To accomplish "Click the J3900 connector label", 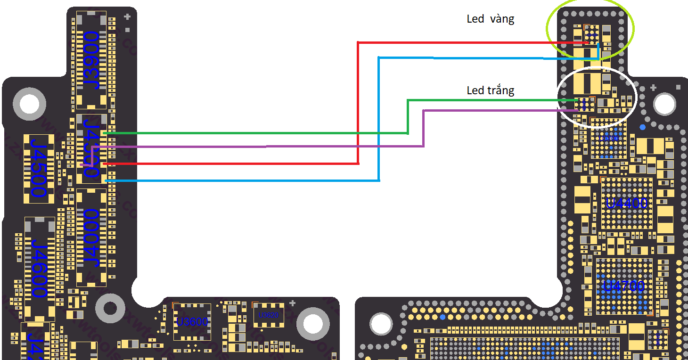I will tap(91, 60).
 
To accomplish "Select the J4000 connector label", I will tap(91, 237).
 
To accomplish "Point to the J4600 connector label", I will tap(39, 268).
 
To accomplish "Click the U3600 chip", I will tap(192, 322).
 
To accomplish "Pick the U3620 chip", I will tap(269, 315).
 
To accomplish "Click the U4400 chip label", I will tap(627, 204).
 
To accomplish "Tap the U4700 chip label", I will tap(624, 286).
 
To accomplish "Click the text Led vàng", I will tap(490, 19).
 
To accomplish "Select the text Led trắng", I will tap(490, 90).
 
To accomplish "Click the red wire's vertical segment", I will tap(358, 104).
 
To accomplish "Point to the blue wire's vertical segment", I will tap(379, 118).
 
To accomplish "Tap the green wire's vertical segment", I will tap(408, 116).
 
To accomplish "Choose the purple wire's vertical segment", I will tap(423, 128).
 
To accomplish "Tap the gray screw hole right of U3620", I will tap(312, 324).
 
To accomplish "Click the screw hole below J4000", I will tap(110, 309).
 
